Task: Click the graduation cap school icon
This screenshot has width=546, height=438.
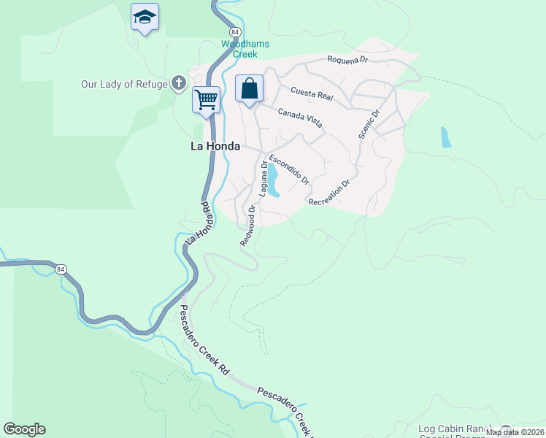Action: [x=145, y=17]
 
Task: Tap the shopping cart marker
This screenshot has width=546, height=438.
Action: [x=206, y=99]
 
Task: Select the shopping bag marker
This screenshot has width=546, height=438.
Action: [x=249, y=89]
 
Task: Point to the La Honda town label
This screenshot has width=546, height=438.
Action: [x=215, y=146]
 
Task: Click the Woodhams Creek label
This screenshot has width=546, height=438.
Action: [x=245, y=49]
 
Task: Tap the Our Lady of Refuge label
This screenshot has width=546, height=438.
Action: [x=125, y=84]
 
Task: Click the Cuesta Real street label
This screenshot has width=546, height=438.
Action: [x=312, y=93]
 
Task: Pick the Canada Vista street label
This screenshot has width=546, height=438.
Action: [x=300, y=117]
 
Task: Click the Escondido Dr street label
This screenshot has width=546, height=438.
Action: [x=289, y=169]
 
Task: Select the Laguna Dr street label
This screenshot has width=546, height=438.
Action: [x=263, y=180]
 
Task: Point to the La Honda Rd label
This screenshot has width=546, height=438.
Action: [x=198, y=223]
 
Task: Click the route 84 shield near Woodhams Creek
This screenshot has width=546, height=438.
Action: [x=234, y=33]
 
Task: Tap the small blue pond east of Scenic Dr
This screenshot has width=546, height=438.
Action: [x=445, y=137]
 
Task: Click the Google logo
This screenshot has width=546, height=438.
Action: [x=24, y=429]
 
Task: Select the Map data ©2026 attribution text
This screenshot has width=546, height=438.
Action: [x=515, y=432]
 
